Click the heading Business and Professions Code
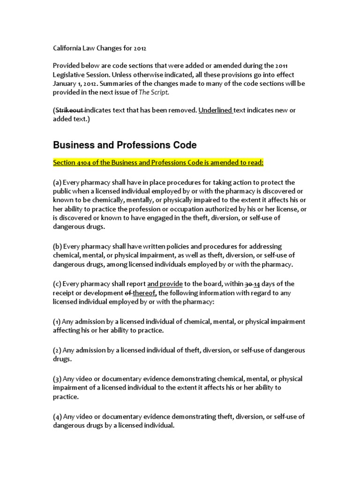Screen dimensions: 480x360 point(124,145)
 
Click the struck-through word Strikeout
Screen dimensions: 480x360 point(69,110)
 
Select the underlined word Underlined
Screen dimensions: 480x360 point(215,110)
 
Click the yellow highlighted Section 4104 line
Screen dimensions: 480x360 point(158,163)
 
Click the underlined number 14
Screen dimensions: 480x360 point(258,284)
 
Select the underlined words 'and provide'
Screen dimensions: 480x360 point(165,284)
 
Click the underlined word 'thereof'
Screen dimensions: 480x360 point(145,293)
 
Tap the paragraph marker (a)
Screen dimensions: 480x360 point(57,182)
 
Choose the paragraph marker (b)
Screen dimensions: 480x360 point(57,247)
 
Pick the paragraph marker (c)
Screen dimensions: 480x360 point(57,284)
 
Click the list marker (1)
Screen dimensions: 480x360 point(57,322)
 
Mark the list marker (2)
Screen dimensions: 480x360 point(57,350)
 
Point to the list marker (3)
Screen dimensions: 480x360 point(57,379)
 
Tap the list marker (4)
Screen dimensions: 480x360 point(57,416)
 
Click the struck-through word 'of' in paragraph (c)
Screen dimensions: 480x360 point(127,293)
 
